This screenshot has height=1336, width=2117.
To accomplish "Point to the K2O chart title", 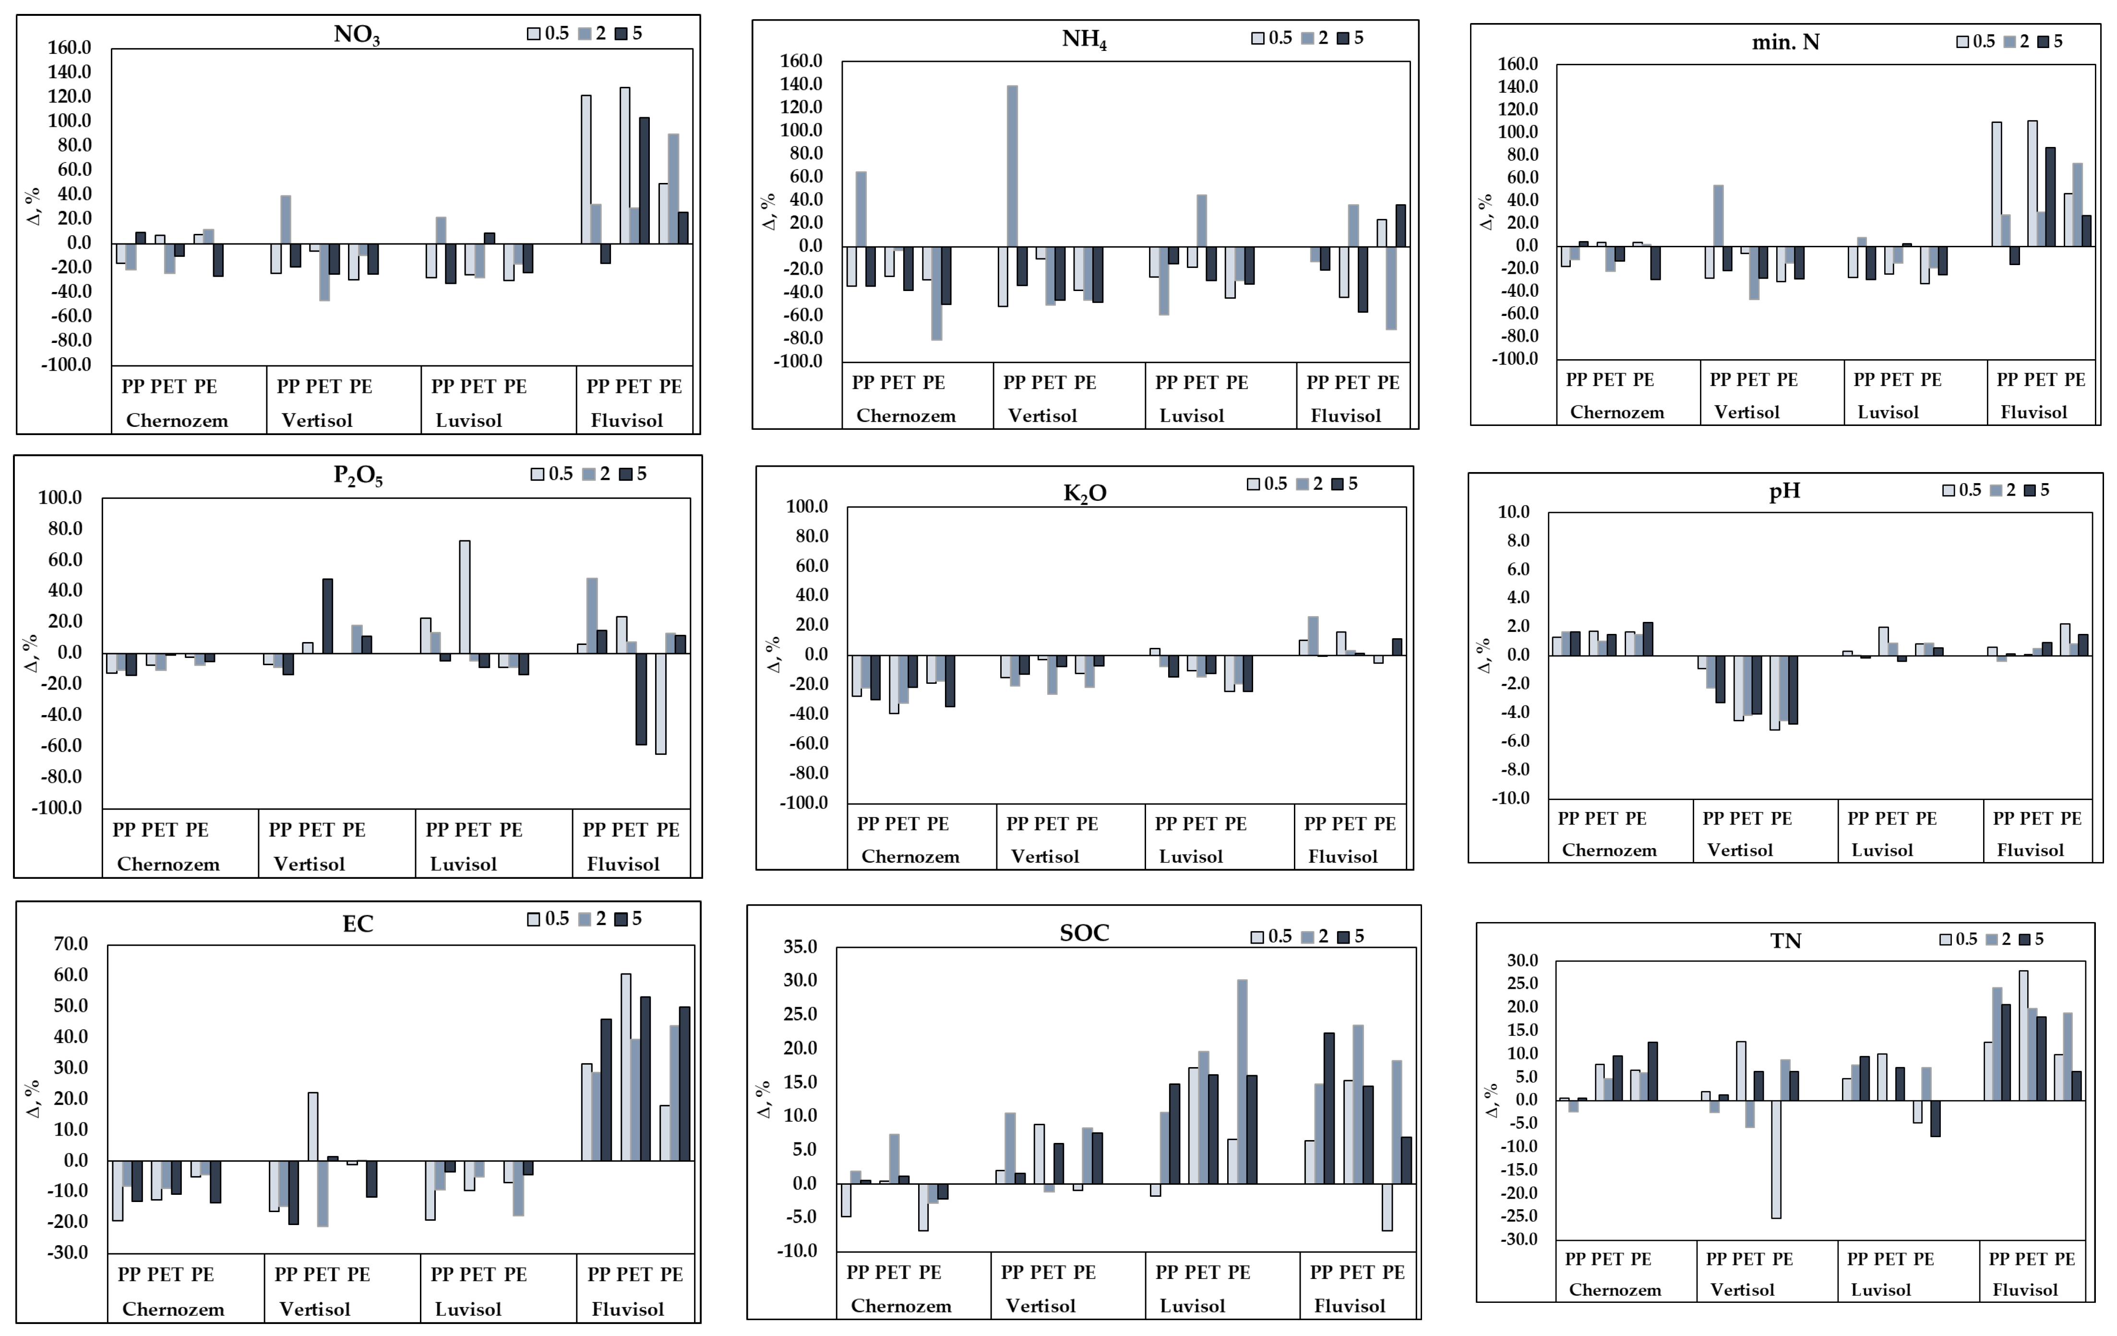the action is tap(1085, 493).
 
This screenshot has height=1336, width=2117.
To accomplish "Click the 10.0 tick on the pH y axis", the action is tap(1513, 512).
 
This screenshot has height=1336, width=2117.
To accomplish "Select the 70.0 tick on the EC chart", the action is tap(71, 944).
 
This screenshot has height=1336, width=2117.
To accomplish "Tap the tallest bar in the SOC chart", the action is tap(1242, 1082).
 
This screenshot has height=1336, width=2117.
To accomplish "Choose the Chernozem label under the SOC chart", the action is tap(901, 1306).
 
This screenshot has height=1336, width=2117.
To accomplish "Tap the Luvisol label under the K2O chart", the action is tap(1190, 857).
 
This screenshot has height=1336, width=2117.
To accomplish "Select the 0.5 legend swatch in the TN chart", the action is tap(1946, 939).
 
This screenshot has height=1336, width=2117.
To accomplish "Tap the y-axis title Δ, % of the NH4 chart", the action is tap(769, 212).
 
